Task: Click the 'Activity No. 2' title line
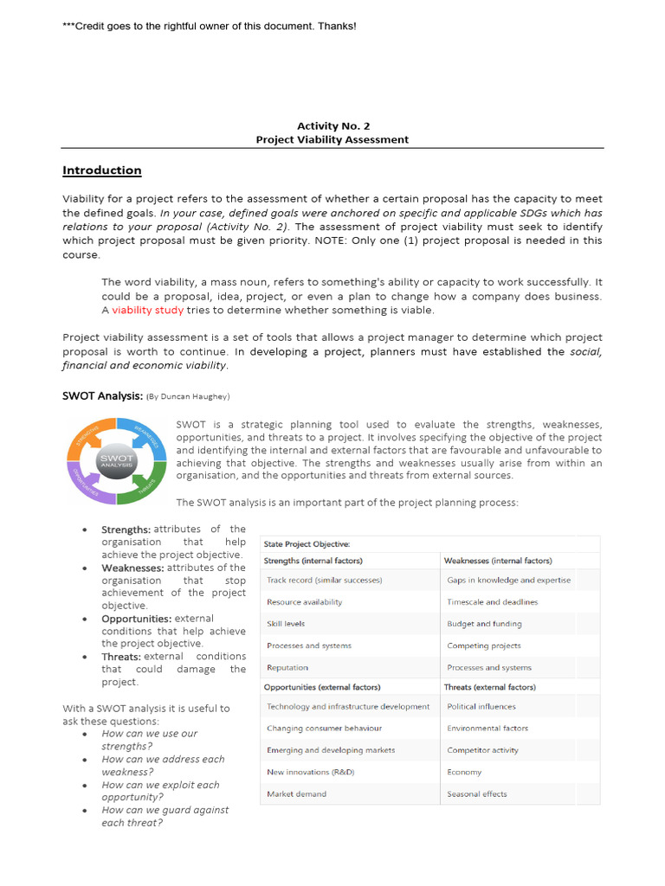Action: [x=333, y=125]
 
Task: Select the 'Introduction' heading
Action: [x=101, y=170]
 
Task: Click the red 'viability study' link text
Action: [x=148, y=310]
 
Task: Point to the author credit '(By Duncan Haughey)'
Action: [x=188, y=396]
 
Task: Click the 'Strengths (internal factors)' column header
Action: [x=313, y=561]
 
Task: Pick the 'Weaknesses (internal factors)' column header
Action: [x=497, y=561]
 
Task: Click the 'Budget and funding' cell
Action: [x=484, y=624]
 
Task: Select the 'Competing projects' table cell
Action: [x=483, y=645]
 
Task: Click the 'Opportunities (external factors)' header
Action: [x=321, y=687]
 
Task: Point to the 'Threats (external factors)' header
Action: [x=489, y=687]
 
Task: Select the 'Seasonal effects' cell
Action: [x=477, y=794]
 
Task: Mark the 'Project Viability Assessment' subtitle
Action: [x=332, y=139]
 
